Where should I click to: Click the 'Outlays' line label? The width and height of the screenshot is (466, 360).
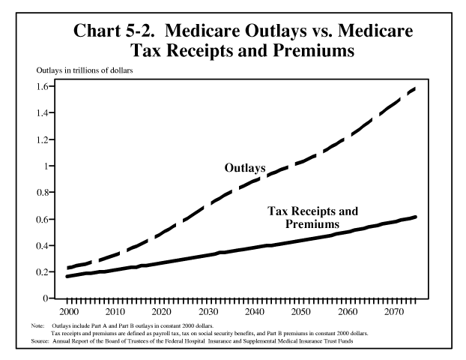(245, 168)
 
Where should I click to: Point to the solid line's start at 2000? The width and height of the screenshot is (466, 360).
(68, 277)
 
